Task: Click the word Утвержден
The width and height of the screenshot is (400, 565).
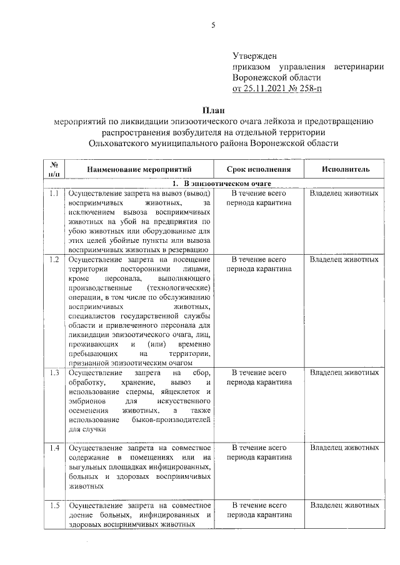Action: [254, 56]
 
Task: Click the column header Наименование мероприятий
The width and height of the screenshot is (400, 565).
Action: [139, 169]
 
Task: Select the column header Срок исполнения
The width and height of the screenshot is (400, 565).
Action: [259, 169]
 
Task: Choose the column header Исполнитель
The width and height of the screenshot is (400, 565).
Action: [346, 169]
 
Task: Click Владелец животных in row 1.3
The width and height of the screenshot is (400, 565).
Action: [344, 373]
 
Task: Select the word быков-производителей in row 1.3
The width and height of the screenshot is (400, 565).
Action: [172, 420]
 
